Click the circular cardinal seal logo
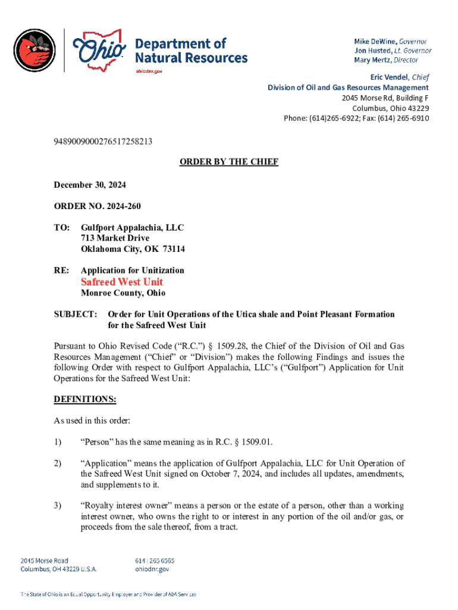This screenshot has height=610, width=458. pyautogui.click(x=34, y=50)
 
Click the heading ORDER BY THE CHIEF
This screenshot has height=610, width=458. pyautogui.click(x=229, y=162)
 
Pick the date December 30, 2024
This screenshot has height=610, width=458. pyautogui.click(x=90, y=185)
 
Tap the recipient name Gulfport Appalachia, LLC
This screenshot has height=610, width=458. pyautogui.click(x=133, y=228)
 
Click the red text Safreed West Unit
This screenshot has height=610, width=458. pyautogui.click(x=122, y=282)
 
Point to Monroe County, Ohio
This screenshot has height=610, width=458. pyautogui.click(x=123, y=293)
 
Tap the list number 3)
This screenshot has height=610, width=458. pyautogui.click(x=58, y=506)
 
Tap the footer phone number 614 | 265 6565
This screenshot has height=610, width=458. pyautogui.click(x=156, y=561)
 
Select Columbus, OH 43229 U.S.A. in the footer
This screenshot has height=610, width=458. pyautogui.click(x=59, y=569)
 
